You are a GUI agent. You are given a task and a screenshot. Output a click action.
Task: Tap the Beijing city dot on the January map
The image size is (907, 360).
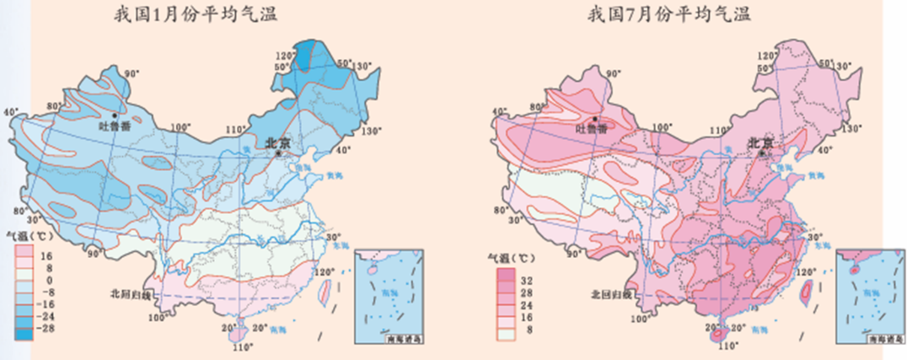tap(278, 153)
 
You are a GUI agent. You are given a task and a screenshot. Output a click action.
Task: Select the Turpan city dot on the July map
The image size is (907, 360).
tap(595, 119)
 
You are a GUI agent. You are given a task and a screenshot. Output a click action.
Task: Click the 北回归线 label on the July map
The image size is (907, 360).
tap(608, 296)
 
